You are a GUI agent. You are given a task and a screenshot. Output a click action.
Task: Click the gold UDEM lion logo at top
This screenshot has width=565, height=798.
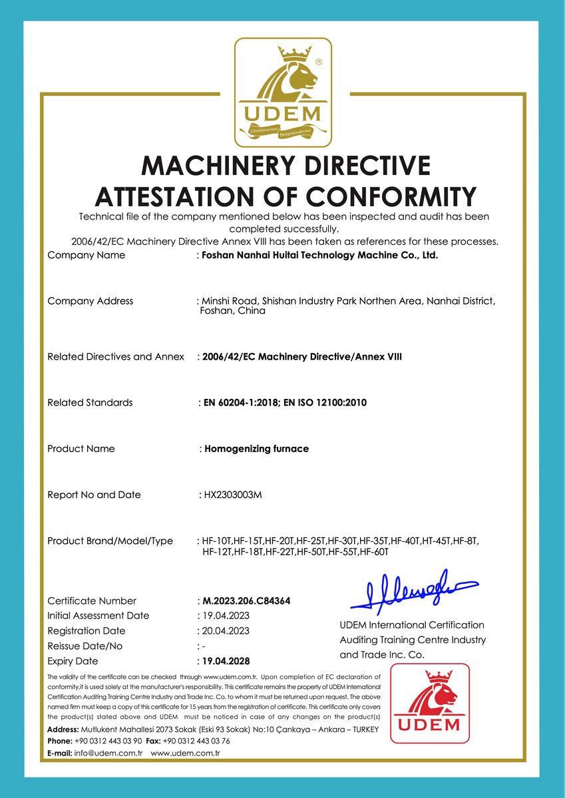click(283, 92)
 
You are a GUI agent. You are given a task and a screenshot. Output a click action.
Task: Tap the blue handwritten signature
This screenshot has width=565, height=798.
click(413, 592)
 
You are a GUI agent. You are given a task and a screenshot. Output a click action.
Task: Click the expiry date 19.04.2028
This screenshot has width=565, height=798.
click(225, 661)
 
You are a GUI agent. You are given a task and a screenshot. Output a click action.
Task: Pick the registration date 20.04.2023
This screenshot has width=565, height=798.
click(225, 631)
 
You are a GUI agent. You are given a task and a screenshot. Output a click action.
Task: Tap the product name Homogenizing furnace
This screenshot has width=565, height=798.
click(256, 449)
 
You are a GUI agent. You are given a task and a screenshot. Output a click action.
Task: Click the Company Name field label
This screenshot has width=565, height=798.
click(86, 255)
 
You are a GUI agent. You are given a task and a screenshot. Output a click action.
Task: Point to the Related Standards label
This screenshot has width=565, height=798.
click(90, 402)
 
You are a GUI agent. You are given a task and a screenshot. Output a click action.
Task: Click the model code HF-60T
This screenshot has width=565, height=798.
click(374, 552)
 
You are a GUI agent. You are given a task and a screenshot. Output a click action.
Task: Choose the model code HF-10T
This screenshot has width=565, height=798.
click(217, 541)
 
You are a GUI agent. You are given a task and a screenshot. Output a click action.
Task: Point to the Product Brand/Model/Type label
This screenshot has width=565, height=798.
click(110, 541)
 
